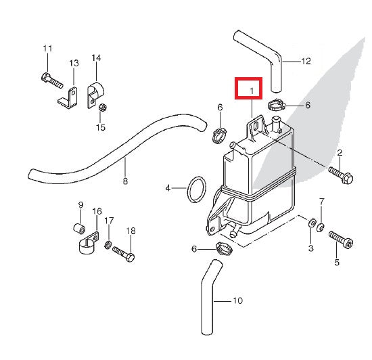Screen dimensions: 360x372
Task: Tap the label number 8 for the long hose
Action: pyautogui.click(x=124, y=181)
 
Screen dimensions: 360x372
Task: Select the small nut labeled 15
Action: pyautogui.click(x=101, y=108)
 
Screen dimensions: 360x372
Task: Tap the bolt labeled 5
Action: pyautogui.click(x=340, y=238)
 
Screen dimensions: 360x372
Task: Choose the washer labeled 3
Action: pyautogui.click(x=311, y=223)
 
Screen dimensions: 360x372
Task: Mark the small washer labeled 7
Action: pyautogui.click(x=323, y=225)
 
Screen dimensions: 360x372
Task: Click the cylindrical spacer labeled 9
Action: pyautogui.click(x=78, y=225)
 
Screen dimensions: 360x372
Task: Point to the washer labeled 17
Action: pyautogui.click(x=109, y=243)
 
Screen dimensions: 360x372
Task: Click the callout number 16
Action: pyautogui.click(x=97, y=212)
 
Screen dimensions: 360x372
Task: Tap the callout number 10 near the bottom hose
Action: pyautogui.click(x=237, y=300)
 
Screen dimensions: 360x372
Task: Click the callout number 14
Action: pyautogui.click(x=96, y=58)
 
